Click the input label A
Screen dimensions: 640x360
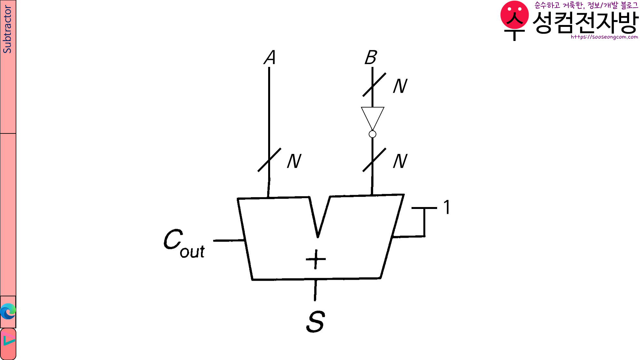coord(270,58)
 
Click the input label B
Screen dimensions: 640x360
coord(371,58)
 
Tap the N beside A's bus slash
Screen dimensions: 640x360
coord(294,161)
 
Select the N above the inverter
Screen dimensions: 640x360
coord(400,86)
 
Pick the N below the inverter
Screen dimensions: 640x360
coord(400,161)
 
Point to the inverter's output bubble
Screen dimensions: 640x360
coord(372,134)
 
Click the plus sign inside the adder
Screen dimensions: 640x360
coord(316,259)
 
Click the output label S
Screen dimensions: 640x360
coord(316,322)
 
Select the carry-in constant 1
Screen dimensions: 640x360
coord(447,207)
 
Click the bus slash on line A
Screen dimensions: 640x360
coord(269,160)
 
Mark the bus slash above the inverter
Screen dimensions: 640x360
coord(374,84)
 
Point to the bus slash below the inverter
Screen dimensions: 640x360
coord(374,160)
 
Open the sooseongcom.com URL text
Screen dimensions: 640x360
coord(604,37)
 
